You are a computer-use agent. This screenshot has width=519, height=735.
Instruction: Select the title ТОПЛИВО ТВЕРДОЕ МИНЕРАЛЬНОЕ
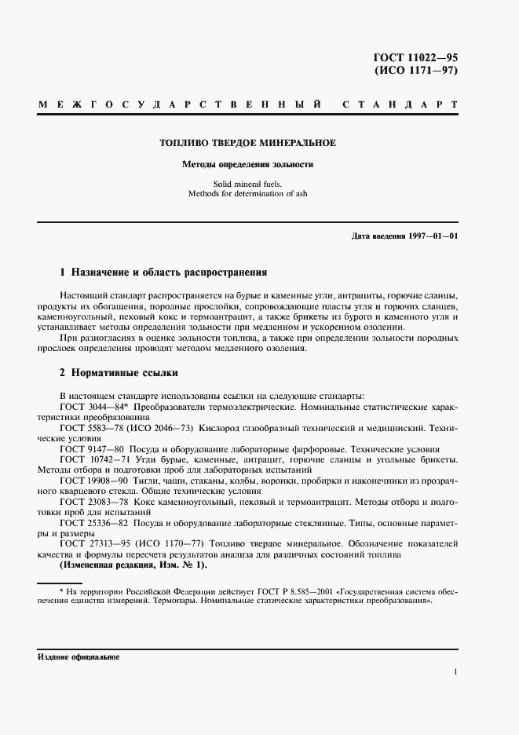click(x=247, y=144)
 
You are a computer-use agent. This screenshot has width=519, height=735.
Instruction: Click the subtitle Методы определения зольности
click(x=247, y=166)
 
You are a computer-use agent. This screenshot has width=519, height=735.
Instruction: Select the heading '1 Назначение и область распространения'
click(x=163, y=273)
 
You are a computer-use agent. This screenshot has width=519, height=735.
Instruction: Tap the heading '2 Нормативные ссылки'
click(x=119, y=373)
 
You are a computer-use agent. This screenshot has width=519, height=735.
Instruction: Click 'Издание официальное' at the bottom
click(x=78, y=656)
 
